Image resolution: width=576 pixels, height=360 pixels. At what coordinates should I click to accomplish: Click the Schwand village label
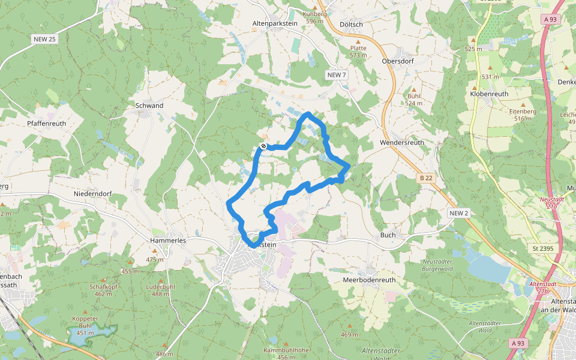point(149,106)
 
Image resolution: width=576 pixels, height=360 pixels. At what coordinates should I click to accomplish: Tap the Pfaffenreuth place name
point(46,124)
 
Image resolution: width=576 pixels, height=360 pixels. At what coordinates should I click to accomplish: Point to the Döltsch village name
point(351,24)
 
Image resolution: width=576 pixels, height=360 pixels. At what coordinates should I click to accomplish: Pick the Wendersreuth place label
point(402,143)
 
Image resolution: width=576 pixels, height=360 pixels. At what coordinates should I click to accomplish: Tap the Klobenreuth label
point(489,94)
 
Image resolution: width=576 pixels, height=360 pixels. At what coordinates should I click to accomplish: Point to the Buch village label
point(388,235)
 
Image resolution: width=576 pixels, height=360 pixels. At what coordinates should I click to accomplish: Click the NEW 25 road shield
point(44,39)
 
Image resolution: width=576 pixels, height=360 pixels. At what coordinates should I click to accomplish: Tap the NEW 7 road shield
point(337,74)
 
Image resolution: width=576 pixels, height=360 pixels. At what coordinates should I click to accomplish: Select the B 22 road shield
point(425,178)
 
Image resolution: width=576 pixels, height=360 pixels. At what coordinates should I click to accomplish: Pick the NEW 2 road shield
point(458,213)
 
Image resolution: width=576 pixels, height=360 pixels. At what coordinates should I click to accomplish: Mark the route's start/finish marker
point(263,146)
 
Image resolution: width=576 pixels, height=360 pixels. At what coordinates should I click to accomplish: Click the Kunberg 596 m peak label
point(315,17)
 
